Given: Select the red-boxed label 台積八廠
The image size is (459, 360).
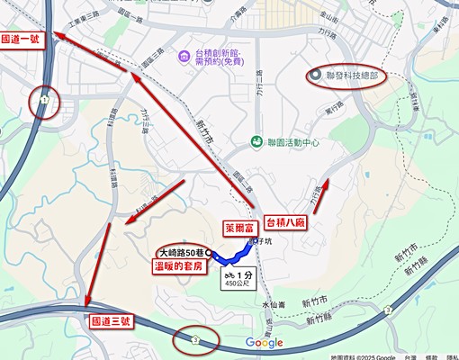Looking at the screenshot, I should [x=296, y=220].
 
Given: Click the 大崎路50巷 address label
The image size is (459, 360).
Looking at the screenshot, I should [x=184, y=253].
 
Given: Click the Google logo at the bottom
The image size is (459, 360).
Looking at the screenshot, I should [x=264, y=342].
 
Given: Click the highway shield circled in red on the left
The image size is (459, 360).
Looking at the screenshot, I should [x=42, y=103].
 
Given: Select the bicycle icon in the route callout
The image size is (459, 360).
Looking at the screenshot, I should [x=229, y=274].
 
